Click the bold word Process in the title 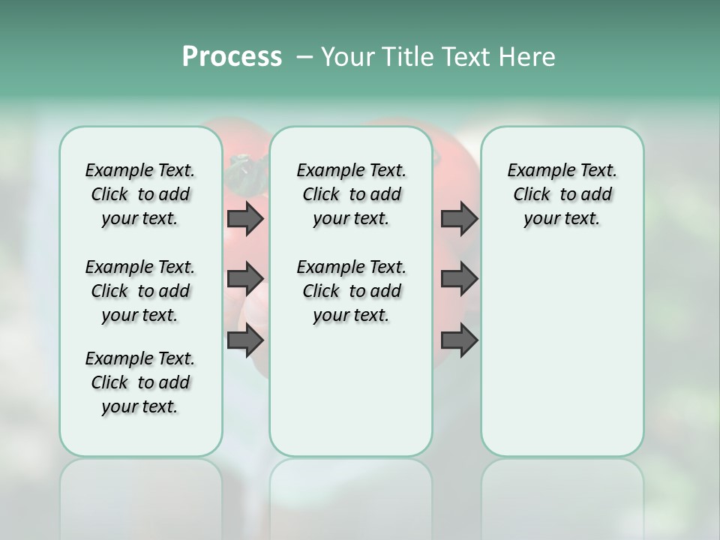coord(232,57)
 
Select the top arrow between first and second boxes coord(245,218)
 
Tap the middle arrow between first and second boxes coord(245,279)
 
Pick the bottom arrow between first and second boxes coord(245,340)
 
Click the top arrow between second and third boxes coord(459,218)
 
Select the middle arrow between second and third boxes coord(459,279)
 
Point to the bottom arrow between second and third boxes coord(459,340)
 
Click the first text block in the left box coord(140,194)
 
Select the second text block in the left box coord(140,291)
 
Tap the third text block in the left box coord(140,382)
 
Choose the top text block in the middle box coord(351,194)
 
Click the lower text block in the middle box coord(351,291)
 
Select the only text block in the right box coord(562,194)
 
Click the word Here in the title coord(528,57)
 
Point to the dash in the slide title coord(304,57)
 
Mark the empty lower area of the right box coord(562,360)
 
